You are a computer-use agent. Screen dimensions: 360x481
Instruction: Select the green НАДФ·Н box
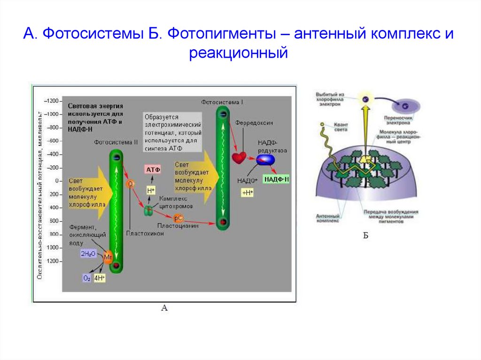(276, 179)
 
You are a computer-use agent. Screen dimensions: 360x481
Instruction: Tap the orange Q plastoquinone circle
(130, 184)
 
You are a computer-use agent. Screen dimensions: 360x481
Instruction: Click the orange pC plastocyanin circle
(178, 218)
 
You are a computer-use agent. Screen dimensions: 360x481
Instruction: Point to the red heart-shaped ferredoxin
(239, 157)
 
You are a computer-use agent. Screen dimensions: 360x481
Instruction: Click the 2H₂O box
(88, 253)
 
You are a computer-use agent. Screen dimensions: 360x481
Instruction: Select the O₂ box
(87, 278)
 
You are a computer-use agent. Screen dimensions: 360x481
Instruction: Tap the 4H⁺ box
(100, 278)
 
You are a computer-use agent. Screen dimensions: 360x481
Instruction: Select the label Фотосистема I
(222, 102)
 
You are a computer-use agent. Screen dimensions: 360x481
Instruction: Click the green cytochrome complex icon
(148, 211)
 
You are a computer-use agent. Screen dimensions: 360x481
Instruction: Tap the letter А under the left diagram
(164, 308)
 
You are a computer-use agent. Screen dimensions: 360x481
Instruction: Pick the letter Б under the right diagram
(366, 236)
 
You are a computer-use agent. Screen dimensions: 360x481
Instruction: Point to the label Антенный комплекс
(327, 219)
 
